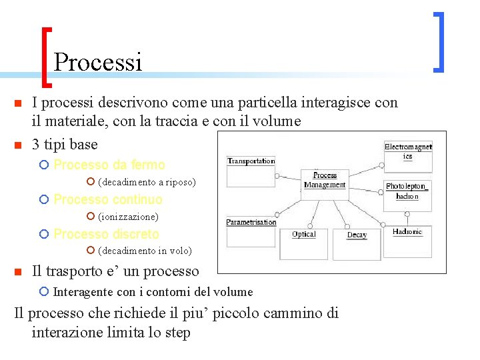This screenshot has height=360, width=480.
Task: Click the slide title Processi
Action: coord(98,62)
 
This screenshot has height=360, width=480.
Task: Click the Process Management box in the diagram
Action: coord(325,181)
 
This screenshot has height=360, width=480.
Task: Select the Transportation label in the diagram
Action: coord(251,161)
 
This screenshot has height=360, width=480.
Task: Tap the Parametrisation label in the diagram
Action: coord(251,222)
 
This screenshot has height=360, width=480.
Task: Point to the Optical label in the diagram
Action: coord(303,234)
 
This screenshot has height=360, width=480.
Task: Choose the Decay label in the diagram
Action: coord(357,235)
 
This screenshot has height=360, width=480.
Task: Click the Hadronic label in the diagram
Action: coord(407,232)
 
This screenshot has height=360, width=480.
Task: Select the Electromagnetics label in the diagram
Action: coord(407,151)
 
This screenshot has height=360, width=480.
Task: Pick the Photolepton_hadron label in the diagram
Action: coord(406,191)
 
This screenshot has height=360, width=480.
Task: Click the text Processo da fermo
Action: coord(109,165)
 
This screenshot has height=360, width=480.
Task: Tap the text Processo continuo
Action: coord(107,199)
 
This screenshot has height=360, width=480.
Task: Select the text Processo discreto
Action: coord(106,234)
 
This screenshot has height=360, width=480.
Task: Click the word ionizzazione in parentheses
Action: coord(128,217)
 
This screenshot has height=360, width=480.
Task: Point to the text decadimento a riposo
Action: coord(147,182)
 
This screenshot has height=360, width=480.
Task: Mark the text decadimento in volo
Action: coord(145,251)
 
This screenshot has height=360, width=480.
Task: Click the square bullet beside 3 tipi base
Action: coord(18,145)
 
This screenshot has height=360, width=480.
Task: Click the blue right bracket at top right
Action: coord(439,41)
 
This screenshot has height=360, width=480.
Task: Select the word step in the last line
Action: coord(176,333)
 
